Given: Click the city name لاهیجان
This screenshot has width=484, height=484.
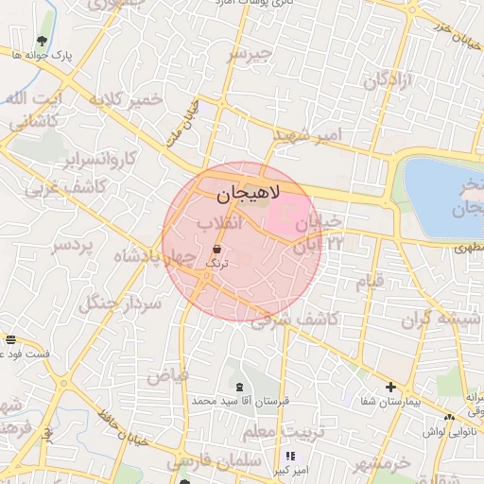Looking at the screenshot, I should (242, 194).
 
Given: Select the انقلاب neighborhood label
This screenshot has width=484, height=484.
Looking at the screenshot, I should (219, 222).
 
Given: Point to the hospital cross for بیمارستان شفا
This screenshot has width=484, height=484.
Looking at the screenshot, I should (390, 387).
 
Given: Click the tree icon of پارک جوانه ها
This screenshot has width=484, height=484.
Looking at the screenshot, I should (42, 41).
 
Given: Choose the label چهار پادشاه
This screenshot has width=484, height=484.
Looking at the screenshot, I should (152, 256).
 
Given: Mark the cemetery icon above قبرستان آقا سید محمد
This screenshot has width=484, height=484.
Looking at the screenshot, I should (238, 387).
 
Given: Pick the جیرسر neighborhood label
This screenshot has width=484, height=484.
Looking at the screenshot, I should (250, 55).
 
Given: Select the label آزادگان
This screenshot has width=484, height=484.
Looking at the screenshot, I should (384, 79).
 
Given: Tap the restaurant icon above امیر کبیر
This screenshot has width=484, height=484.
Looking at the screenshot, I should (289, 456).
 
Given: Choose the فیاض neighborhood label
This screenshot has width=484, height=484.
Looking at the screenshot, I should (167, 375).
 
